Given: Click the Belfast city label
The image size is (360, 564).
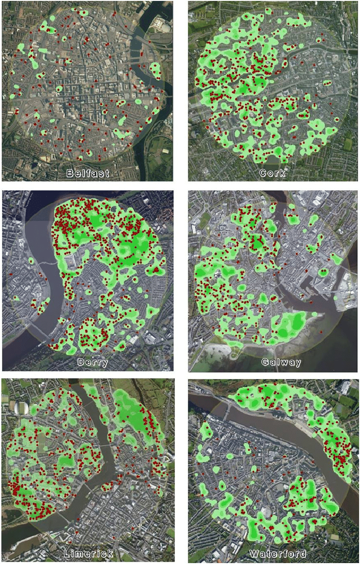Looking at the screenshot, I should tap(88, 173).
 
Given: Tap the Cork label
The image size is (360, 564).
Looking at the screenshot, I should tap(272, 173).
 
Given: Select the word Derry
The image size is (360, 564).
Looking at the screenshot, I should tap(93, 362).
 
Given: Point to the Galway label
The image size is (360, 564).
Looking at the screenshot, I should tap(281, 362).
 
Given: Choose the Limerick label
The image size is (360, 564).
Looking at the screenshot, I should tap(89, 554).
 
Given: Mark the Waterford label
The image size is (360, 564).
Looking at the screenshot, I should tap(277, 554).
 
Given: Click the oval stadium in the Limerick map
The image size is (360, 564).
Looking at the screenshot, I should tap(21, 407).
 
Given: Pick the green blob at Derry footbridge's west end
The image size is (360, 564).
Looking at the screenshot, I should tap(31, 261).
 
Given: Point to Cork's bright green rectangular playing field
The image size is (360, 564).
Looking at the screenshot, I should tap(348, 144).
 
